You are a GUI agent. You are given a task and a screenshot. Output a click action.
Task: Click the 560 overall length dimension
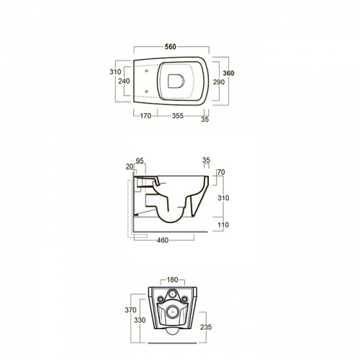171,47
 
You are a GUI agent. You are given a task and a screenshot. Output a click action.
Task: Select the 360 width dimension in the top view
228,73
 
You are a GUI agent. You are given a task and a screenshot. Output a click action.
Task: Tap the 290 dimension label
219,82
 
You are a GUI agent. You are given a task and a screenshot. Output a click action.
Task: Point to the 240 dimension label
124,81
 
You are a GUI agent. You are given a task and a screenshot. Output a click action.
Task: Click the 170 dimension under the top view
145,116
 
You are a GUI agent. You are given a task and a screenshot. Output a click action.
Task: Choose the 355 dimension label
178,116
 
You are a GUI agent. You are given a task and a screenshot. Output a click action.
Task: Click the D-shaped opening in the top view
176,81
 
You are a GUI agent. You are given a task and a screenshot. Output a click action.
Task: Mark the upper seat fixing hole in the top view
146,71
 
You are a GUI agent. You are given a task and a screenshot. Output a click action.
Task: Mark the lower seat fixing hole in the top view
146,91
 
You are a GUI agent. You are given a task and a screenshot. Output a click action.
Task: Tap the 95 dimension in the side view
140,161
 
